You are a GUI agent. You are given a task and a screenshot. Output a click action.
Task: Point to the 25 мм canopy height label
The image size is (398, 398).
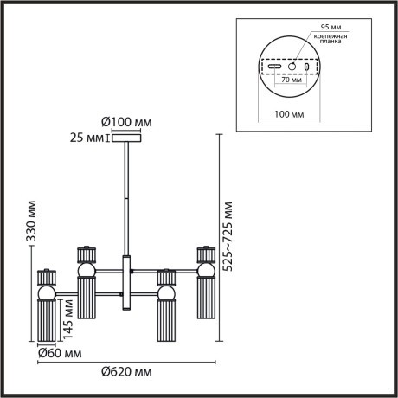pos(88,136)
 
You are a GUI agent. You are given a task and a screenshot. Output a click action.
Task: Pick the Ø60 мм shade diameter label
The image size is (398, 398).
pos(60,354)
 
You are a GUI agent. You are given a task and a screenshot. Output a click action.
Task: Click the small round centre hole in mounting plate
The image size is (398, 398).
pos(292,66)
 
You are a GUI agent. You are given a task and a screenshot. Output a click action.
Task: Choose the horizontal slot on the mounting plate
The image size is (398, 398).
pos(274,67)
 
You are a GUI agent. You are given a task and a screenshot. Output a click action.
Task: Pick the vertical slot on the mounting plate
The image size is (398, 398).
pos(308,67)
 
